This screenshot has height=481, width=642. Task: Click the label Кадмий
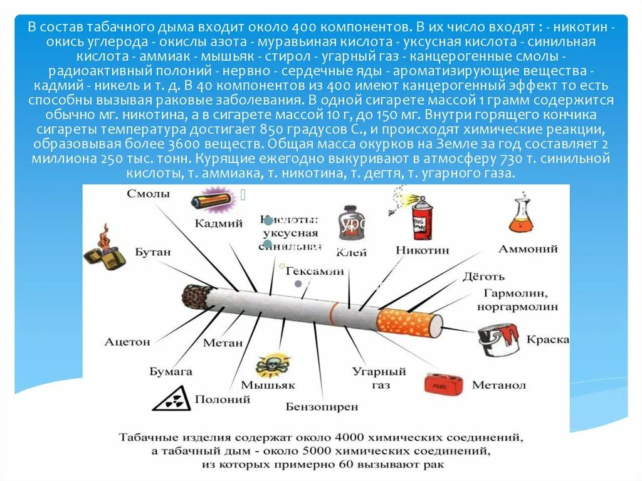(218, 223)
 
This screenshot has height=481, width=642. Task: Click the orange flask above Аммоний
(523, 217)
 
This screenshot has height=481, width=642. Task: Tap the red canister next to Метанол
(444, 383)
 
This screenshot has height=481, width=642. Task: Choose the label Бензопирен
(322, 407)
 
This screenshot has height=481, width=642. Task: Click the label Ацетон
(128, 342)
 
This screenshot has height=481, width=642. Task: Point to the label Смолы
(148, 194)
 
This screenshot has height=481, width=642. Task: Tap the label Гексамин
(315, 272)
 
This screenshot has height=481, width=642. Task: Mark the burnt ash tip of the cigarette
(196, 294)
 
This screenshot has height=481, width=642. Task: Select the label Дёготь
(483, 276)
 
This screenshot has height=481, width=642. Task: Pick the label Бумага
(171, 371)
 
